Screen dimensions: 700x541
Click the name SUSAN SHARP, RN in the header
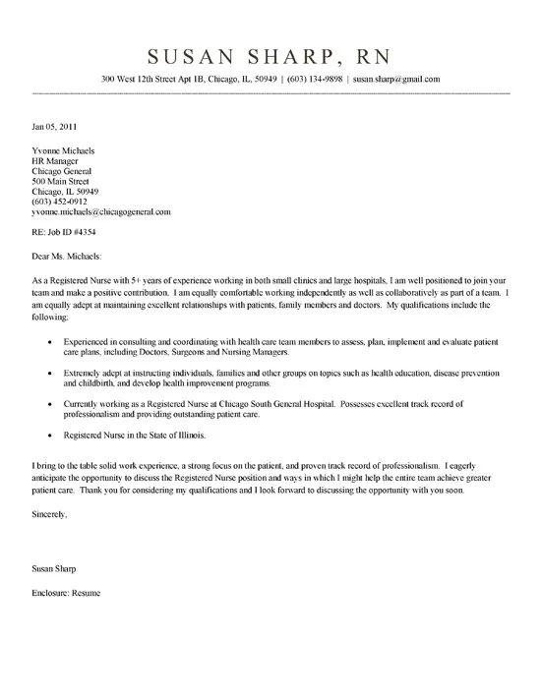tap(270, 53)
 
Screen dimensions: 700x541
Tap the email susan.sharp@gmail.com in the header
tap(395, 79)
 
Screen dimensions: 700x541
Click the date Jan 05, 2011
tap(49, 127)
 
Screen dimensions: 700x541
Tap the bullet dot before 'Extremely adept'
tap(51, 374)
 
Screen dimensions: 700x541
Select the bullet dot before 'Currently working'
tap(51, 407)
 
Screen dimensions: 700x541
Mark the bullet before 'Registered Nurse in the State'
tap(51, 436)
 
